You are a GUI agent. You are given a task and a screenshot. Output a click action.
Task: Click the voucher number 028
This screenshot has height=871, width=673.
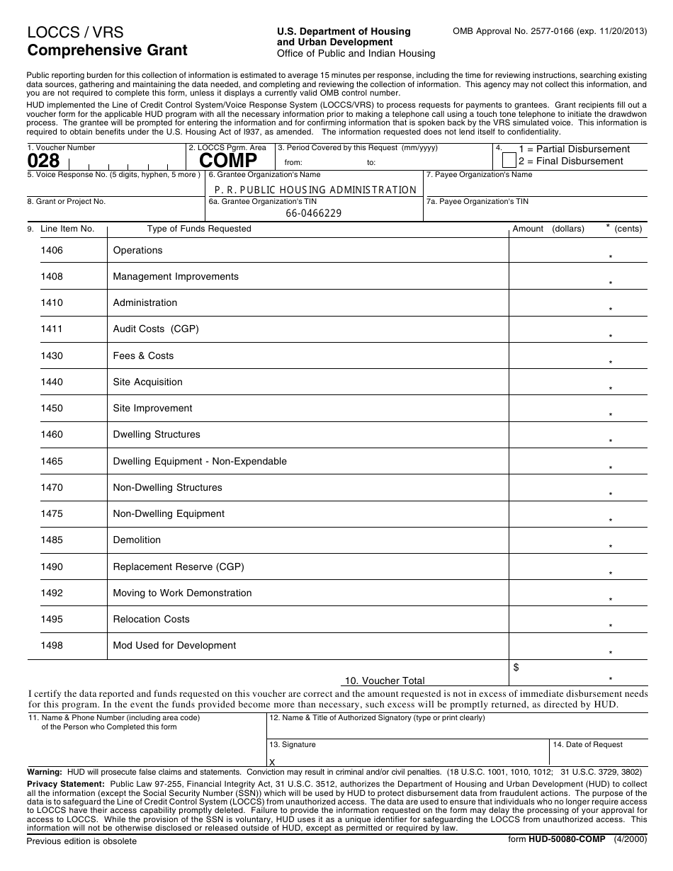43,161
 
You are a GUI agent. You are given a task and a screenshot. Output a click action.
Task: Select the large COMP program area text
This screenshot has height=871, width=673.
228,161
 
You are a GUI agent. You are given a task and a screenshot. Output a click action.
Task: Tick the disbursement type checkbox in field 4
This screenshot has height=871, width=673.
508,155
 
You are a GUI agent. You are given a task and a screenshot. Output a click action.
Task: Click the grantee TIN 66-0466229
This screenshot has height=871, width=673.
313,213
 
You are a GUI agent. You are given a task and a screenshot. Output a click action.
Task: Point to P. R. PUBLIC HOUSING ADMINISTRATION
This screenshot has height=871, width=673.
315,189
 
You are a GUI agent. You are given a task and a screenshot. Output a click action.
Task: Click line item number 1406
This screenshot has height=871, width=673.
52,250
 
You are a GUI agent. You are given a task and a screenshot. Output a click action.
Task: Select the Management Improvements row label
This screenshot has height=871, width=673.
176,276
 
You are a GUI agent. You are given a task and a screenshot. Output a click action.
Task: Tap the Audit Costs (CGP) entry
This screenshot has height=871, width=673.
156,329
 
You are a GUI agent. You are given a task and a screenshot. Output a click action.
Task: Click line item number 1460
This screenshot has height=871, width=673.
52,434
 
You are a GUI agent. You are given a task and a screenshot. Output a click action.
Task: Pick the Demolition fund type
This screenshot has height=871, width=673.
137,540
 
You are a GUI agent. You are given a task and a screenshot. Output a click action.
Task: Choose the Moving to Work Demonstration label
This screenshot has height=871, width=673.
182,593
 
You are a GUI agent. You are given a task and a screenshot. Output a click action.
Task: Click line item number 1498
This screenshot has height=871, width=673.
52,645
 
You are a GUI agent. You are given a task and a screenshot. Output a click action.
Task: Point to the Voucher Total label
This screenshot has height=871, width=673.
385,681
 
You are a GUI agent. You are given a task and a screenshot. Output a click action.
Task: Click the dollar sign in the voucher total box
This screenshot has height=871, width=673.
516,667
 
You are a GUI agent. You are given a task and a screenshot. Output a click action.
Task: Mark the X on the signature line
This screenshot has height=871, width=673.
272,761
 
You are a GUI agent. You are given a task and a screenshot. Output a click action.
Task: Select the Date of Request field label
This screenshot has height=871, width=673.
587,744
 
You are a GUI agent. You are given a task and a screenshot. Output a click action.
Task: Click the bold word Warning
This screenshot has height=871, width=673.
44,771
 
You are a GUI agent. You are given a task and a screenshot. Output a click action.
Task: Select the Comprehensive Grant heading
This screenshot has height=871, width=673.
108,50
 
